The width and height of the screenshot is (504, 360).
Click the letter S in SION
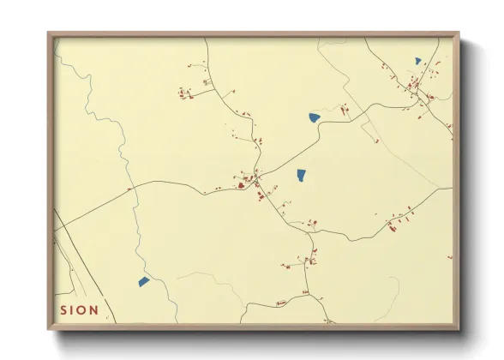coord(63,310)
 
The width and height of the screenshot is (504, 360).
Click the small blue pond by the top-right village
coord(418,61)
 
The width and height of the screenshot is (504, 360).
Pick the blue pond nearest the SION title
coord(144,281)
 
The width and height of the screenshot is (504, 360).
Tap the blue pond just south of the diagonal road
coord(302,175)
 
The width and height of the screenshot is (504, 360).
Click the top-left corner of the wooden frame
coord(50,34)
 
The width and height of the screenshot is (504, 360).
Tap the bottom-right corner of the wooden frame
coord(459,329)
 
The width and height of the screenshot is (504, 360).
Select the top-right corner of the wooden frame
coord(459,34)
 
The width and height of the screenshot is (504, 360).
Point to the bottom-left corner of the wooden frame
coord(50,329)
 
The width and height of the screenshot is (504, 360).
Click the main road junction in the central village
coord(256,183)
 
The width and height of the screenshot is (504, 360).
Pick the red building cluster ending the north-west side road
coord(183,93)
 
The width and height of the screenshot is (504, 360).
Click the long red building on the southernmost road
coord(282,302)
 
